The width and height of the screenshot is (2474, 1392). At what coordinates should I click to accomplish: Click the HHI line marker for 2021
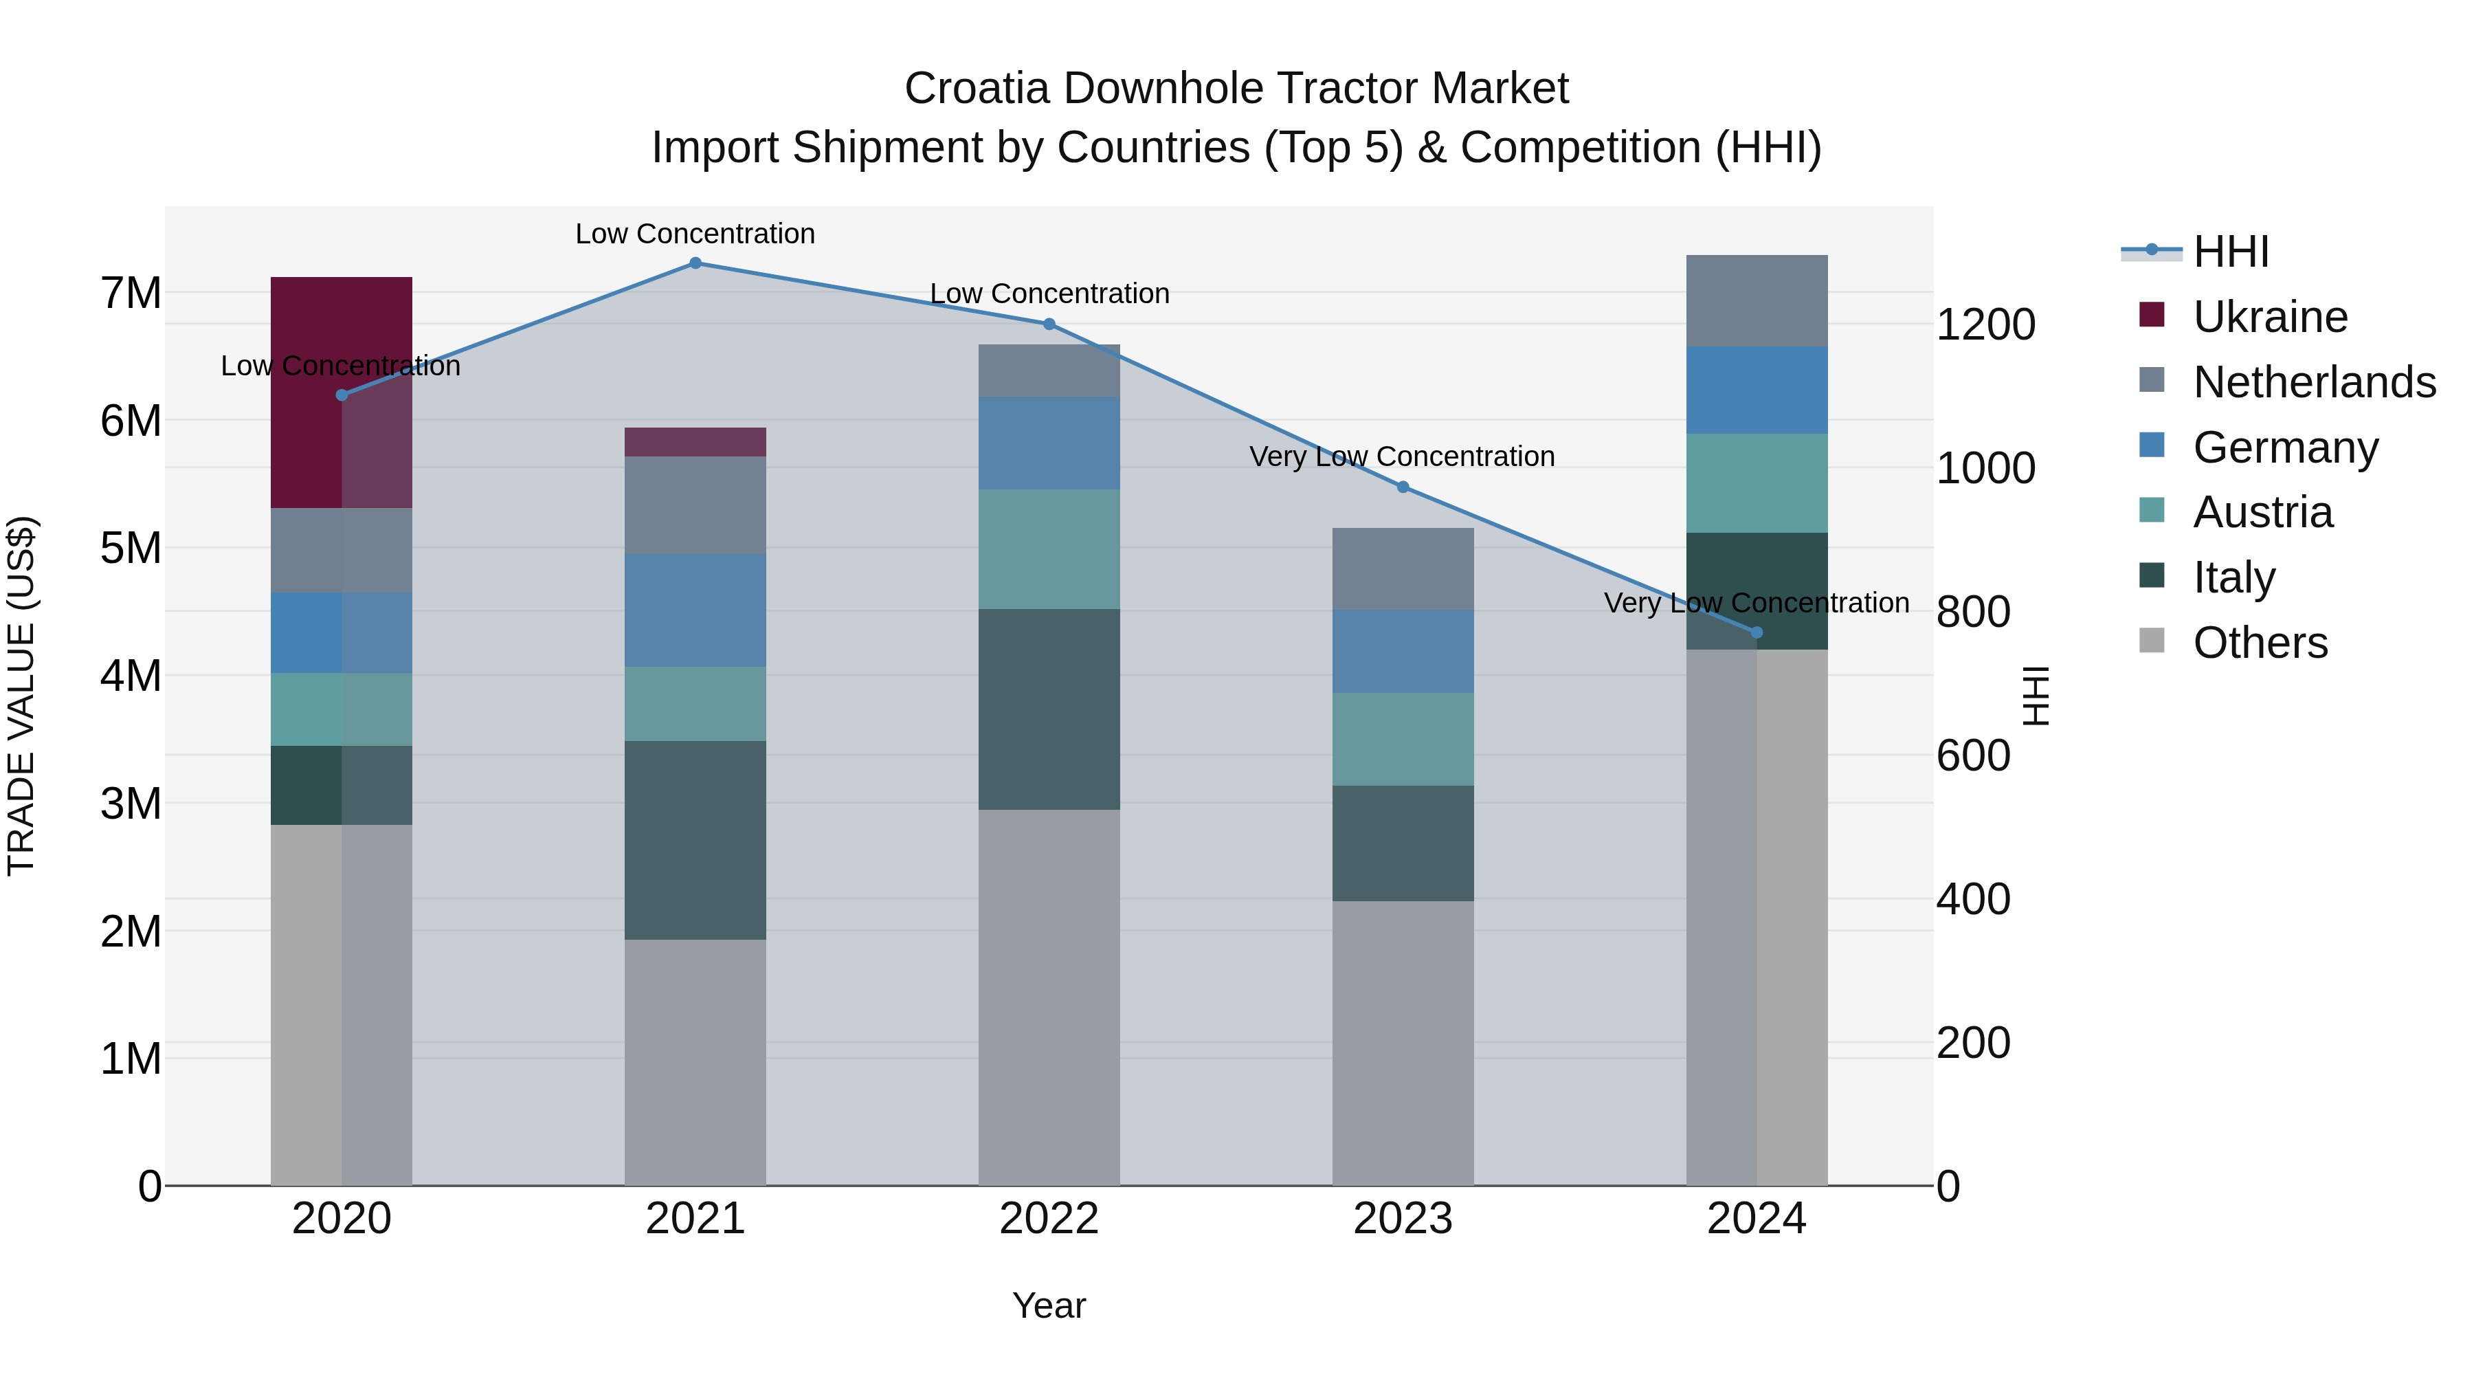click(x=695, y=263)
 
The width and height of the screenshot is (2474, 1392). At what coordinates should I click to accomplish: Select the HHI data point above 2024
click(x=1757, y=632)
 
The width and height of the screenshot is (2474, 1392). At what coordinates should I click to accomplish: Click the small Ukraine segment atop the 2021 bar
click(x=695, y=442)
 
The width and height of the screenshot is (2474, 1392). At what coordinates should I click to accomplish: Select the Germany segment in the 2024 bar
click(x=1757, y=390)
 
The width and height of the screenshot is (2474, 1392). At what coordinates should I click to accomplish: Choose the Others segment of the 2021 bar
click(x=695, y=1061)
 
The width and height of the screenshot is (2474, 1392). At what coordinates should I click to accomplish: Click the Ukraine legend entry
click(x=2269, y=317)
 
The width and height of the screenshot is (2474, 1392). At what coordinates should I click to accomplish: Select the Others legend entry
click(x=2259, y=643)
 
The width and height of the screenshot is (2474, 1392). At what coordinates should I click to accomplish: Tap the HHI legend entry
click(x=2230, y=252)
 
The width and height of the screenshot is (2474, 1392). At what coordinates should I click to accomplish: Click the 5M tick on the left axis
click(x=131, y=549)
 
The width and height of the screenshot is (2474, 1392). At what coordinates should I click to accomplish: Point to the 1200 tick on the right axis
click(x=1984, y=324)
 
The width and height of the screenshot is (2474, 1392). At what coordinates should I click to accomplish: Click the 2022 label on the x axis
click(x=1049, y=1219)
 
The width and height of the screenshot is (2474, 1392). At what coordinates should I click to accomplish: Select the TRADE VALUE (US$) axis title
click(x=21, y=696)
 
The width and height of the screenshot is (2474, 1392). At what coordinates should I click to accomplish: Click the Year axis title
click(x=1049, y=1305)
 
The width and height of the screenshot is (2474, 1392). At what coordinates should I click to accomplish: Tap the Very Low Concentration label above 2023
click(x=1401, y=456)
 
